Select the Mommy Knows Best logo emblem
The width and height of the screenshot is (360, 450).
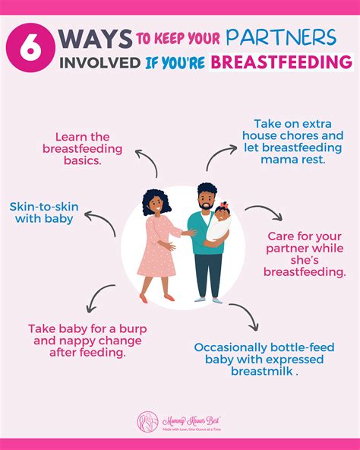(x=147, y=422)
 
